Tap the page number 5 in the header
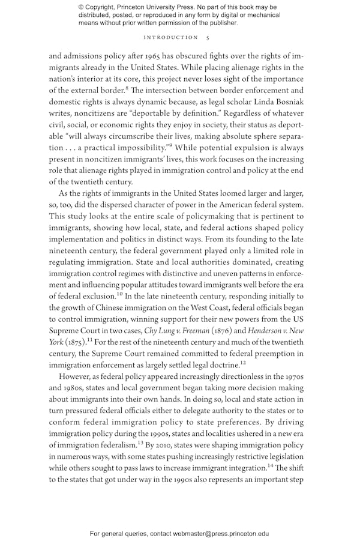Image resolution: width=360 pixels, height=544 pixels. tap(208, 37)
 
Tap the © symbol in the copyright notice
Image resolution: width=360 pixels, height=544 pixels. tap(82, 7)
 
